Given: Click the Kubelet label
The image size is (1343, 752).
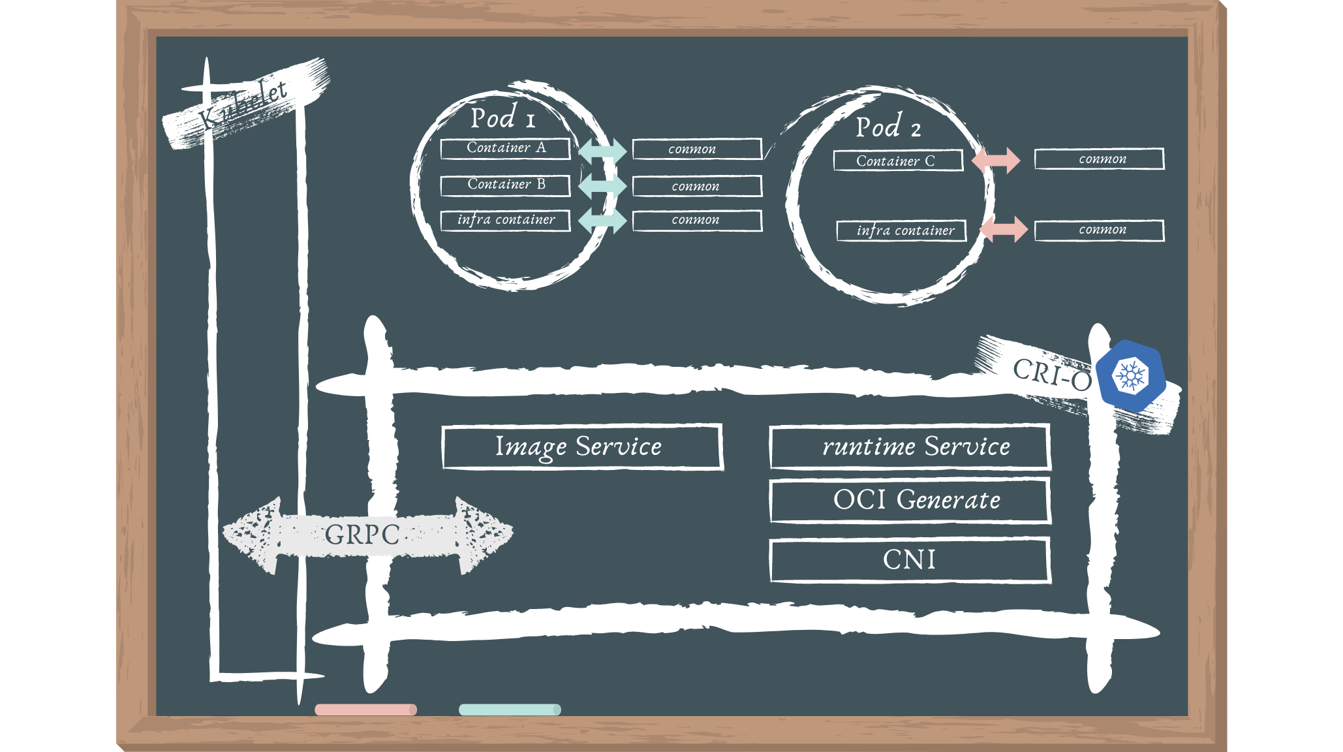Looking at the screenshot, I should (x=243, y=106).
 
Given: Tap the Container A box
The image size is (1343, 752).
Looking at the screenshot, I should (x=505, y=148).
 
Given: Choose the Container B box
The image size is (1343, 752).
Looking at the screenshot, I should (x=505, y=185).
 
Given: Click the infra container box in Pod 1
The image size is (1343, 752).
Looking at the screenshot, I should (x=505, y=220).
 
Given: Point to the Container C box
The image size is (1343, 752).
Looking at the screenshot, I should (x=897, y=161).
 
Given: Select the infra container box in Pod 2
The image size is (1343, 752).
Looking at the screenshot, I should (x=901, y=230).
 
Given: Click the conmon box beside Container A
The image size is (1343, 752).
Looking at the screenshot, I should (x=696, y=149).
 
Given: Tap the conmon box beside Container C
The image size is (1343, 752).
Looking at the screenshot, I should (x=1099, y=159).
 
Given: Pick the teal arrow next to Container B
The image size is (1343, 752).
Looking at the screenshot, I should (x=602, y=186).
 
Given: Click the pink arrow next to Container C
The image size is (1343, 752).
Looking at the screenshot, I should (x=996, y=161).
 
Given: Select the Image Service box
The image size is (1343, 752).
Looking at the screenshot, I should (x=581, y=447).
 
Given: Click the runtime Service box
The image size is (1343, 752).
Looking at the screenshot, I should (x=910, y=447).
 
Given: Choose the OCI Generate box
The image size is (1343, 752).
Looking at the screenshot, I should (x=910, y=501).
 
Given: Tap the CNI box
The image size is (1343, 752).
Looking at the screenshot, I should (x=910, y=560).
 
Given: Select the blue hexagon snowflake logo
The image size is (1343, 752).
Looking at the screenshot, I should (x=1131, y=376).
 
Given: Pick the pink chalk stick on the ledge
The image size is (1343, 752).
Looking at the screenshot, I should (x=365, y=710).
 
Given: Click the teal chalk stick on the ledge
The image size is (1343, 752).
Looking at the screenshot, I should (x=510, y=710).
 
